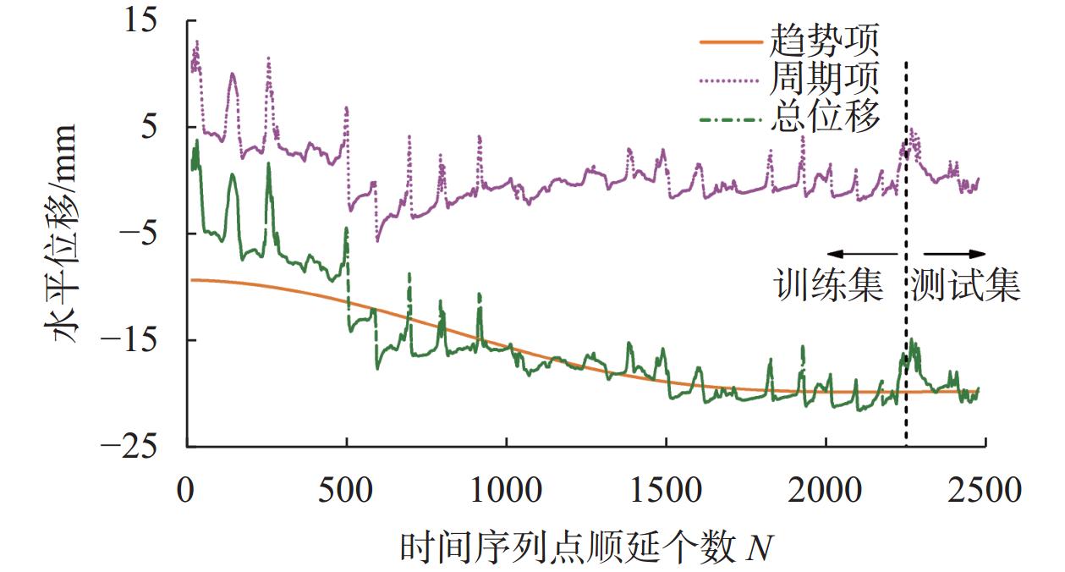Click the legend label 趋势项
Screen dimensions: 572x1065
pyautogui.click(x=825, y=40)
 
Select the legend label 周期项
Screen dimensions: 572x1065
pyautogui.click(x=825, y=79)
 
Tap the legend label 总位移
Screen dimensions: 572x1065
pyautogui.click(x=825, y=117)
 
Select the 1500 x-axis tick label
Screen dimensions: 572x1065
pyautogui.click(x=666, y=490)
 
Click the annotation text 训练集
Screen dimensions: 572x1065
pyautogui.click(x=830, y=288)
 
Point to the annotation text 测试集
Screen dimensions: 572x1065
pyautogui.click(x=966, y=288)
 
